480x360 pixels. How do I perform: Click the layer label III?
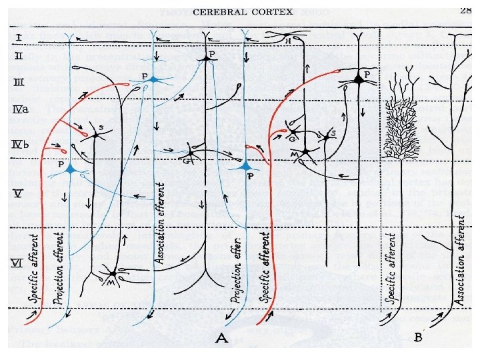[19, 82]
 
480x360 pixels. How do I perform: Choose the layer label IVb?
[21, 143]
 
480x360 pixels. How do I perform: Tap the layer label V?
[19, 194]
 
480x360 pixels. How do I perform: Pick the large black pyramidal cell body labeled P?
[359, 79]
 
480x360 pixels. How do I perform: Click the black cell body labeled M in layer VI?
[113, 273]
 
